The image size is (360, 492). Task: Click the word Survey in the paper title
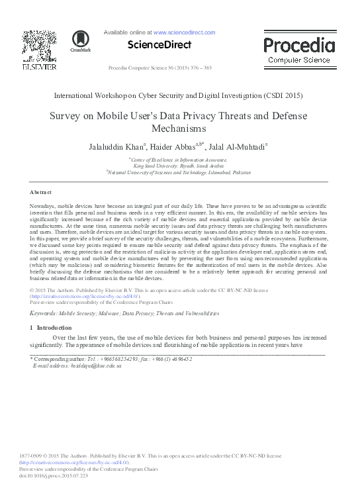click(x=67, y=115)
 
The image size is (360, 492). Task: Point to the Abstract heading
click(x=41, y=191)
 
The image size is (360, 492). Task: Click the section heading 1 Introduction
click(x=50, y=328)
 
